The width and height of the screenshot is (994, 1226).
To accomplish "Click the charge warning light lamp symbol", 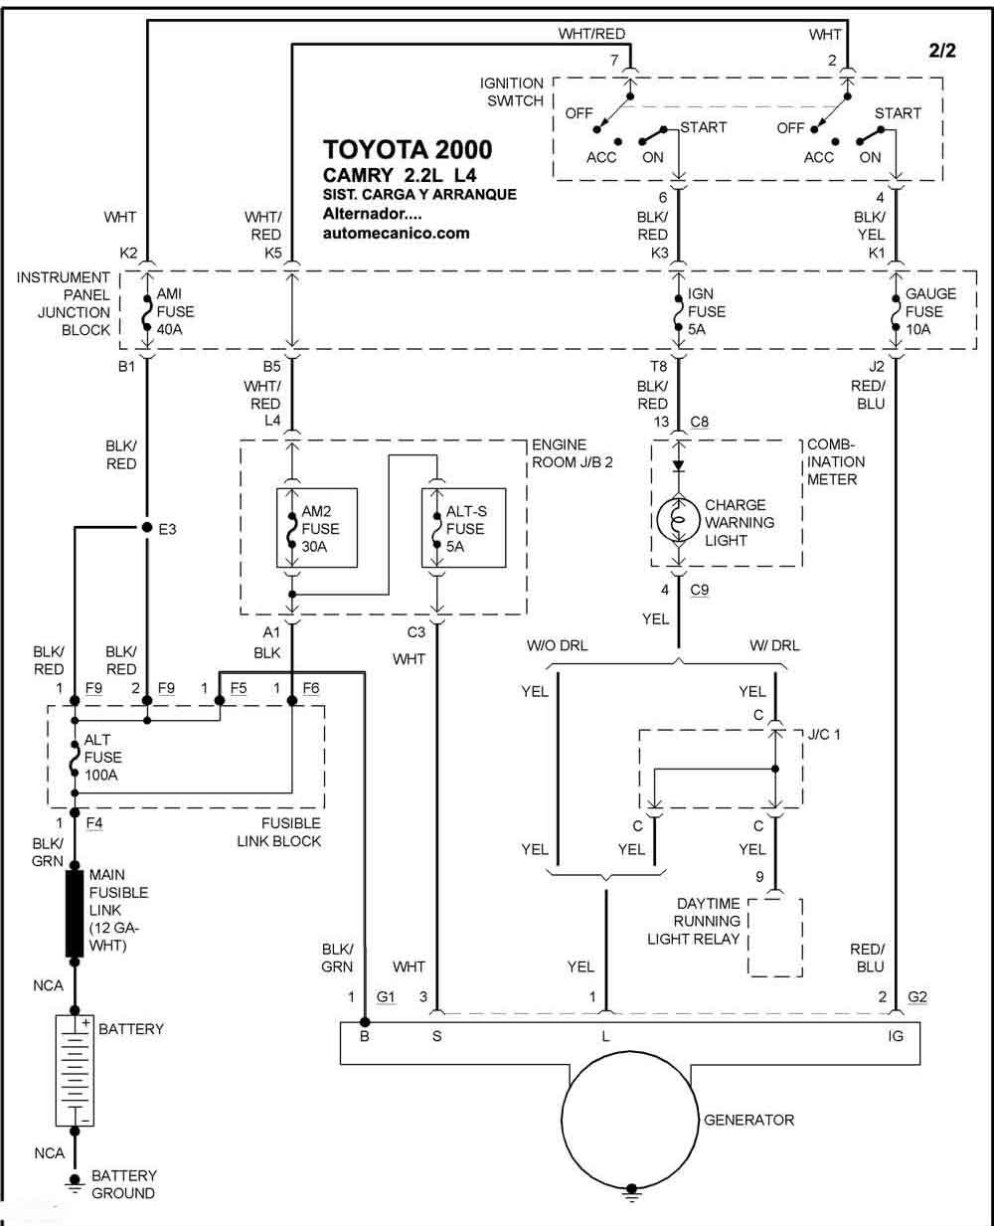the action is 679,520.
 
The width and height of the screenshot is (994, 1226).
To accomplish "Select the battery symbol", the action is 75,1071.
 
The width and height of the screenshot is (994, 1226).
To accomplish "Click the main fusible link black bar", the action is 75,913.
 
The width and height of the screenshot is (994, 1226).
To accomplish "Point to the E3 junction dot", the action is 147,527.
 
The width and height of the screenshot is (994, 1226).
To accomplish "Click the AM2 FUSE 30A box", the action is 317,528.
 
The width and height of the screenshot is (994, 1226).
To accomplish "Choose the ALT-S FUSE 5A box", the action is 463,528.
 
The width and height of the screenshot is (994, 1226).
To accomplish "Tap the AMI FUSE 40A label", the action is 176,311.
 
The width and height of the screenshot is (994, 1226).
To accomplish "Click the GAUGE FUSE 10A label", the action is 930,311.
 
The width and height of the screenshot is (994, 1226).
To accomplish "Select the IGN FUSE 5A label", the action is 707,311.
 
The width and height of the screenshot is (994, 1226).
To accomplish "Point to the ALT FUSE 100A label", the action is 103,757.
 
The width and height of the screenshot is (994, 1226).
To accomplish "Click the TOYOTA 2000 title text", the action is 408,150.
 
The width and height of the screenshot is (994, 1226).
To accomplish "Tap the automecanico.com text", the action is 396,233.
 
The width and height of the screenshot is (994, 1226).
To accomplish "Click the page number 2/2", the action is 942,51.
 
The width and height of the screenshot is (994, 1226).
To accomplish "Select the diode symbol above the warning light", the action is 679,465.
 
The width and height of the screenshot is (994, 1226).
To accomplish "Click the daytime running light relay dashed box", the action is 775,936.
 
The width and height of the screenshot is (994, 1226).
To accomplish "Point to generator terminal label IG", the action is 895,1036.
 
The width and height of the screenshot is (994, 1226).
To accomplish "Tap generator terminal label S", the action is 437,1036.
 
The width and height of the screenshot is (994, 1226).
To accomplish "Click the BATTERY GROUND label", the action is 123,1184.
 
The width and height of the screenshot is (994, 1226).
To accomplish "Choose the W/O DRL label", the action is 557,645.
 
